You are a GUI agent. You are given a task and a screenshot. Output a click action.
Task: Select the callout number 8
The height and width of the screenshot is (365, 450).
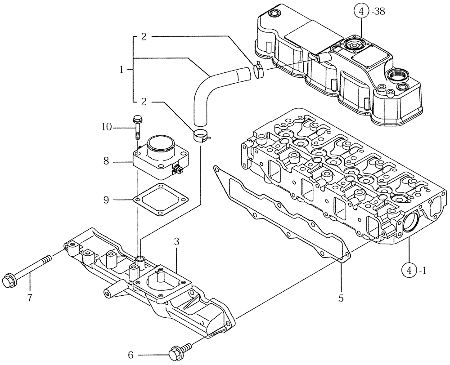pos(106,161)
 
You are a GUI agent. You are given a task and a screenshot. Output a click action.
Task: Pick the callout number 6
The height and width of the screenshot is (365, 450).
pos(130,355)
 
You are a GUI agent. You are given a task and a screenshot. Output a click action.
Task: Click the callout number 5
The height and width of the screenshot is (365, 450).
pos(341,297)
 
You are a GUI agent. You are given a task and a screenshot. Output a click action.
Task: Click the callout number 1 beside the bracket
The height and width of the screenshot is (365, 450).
pos(121,70)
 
